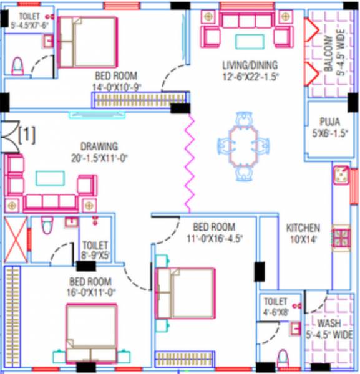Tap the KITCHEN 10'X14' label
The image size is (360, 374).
click(303, 234)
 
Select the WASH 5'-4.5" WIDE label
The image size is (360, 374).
click(329, 328)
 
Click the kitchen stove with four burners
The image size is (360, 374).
click(341, 237)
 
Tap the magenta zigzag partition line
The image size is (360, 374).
click(187, 163)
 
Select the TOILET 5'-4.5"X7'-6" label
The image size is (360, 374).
click(27, 20)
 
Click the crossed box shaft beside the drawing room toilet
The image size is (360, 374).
click(16, 240)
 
